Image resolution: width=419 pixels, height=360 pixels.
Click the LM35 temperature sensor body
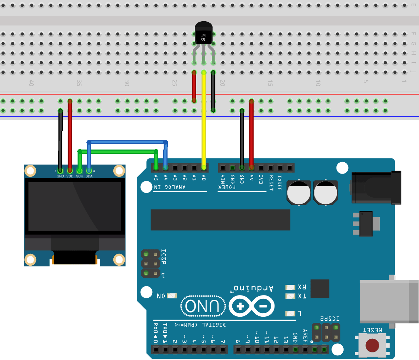click(x=203, y=34)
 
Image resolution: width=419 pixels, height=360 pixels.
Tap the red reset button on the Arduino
click(x=372, y=345)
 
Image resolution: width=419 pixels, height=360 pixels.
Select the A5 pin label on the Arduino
click(x=156, y=177)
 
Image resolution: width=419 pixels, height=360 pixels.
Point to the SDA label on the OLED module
click(x=89, y=176)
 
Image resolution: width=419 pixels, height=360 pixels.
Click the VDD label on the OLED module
click(x=70, y=176)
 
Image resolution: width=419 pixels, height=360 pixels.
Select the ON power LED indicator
click(x=172, y=296)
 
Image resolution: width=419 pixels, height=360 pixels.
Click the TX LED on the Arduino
click(x=290, y=296)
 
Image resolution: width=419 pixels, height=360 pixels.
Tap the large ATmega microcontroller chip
click(x=220, y=220)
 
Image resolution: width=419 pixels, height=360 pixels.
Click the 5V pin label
click(x=251, y=178)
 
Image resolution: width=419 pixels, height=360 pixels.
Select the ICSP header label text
click(x=163, y=257)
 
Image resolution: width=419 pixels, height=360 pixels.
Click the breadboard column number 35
click(x=79, y=83)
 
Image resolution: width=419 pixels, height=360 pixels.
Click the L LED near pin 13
click(x=290, y=314)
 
